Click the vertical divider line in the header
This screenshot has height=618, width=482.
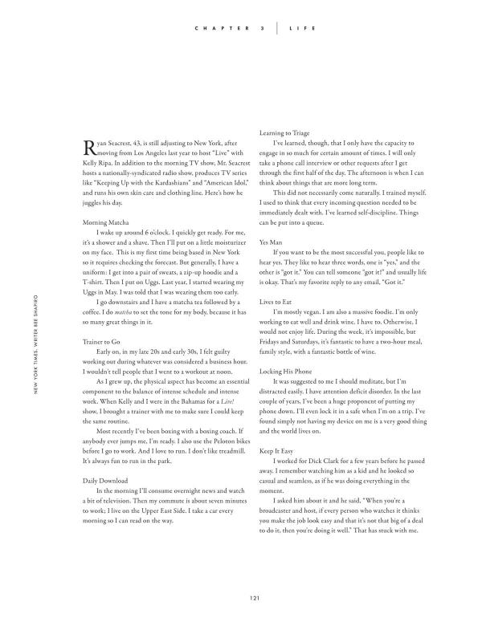(x=278, y=28)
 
